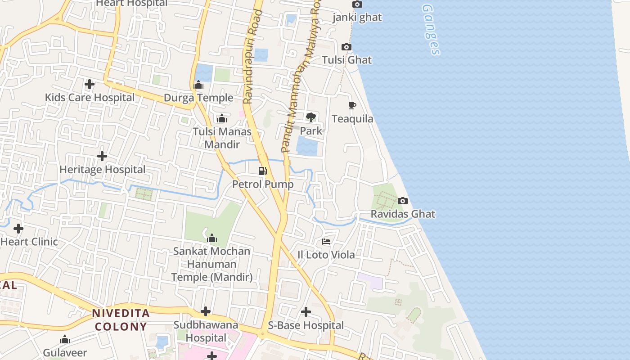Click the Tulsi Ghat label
point(346,60)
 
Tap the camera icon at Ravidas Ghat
point(403,201)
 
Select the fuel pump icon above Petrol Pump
point(263,171)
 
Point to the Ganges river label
point(431,30)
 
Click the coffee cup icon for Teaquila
point(352,106)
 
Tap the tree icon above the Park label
point(310,117)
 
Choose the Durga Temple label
point(198,98)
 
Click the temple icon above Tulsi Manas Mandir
point(221,118)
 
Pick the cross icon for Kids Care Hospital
point(90,84)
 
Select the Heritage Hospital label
point(103,170)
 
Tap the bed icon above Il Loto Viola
point(326,242)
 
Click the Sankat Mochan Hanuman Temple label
point(211,264)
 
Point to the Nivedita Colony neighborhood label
point(120,320)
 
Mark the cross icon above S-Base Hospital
point(306,311)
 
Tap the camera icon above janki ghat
point(357,4)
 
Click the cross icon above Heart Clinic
point(18,229)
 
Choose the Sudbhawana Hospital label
point(206,331)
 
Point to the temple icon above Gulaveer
point(65,339)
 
